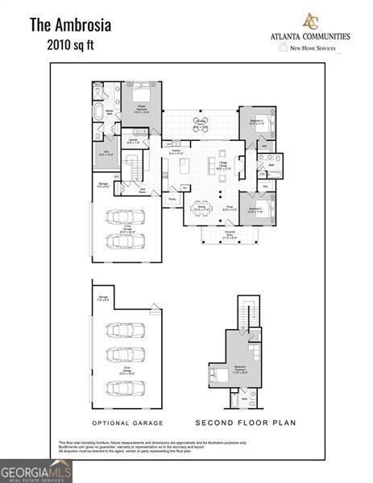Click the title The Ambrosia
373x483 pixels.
pyautogui.click(x=71, y=25)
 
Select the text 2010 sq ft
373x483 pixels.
pyautogui.click(x=70, y=47)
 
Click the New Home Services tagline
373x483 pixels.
pyautogui.click(x=315, y=47)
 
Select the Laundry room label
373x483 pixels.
pyautogui.click(x=135, y=141)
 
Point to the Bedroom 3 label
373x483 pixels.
pyautogui.click(x=257, y=122)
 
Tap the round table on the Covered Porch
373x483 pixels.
pyautogui.click(x=200, y=123)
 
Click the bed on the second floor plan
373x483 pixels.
pyautogui.click(x=219, y=374)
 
